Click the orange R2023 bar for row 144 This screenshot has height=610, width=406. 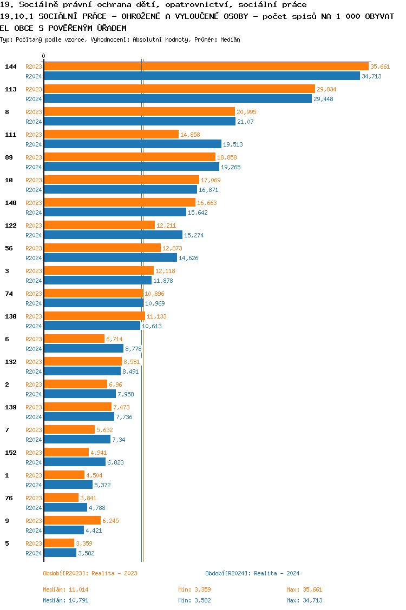click(206, 66)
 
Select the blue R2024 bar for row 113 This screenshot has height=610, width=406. click(178, 98)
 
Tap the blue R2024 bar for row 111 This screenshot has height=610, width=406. click(133, 144)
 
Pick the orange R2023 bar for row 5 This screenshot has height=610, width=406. click(59, 543)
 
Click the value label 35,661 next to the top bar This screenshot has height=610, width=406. click(380, 67)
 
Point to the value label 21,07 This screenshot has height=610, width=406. click(245, 122)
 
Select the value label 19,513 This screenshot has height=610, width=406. click(233, 144)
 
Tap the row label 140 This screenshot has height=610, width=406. click(11, 203)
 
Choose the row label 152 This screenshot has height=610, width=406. click(11, 453)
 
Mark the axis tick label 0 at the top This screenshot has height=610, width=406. click(44, 56)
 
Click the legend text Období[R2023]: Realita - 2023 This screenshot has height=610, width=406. click(90, 573)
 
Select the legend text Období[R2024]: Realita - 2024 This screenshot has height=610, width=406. click(252, 573)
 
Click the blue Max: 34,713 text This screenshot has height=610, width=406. click(304, 600)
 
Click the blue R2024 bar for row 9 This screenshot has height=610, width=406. click(64, 530)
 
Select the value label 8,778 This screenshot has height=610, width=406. click(133, 349)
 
